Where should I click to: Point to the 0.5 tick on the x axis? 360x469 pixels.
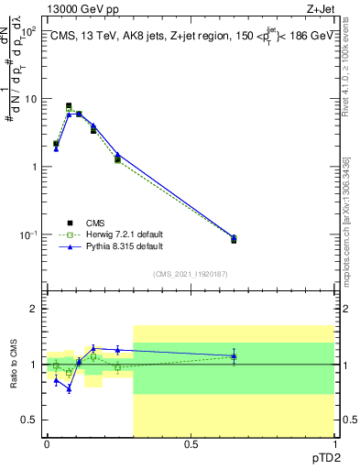coord(191,444)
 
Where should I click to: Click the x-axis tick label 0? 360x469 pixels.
coord(48,444)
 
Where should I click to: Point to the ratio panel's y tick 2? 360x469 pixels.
coord(33,309)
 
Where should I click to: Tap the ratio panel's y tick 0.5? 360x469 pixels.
coord(29,420)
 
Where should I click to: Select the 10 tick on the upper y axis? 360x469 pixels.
coord(29,98)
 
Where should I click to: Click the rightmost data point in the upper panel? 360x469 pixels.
coord(234,239)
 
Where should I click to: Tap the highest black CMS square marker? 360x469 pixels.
coord(69,106)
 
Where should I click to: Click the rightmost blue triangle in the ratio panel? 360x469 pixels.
coord(234,355)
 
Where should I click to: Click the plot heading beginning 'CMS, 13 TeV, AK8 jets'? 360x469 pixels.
coord(191,36)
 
